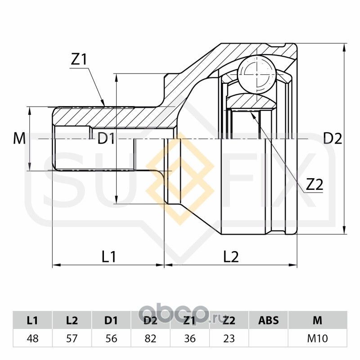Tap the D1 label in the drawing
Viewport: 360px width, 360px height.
(106, 139)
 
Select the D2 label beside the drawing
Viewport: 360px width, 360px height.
(333, 139)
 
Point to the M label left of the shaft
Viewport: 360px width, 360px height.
(19, 139)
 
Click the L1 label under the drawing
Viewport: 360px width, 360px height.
(108, 256)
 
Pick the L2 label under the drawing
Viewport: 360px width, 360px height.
(231, 256)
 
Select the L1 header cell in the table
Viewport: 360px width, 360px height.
(32, 321)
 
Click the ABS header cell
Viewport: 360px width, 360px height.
(269, 321)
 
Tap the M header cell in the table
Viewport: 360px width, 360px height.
(317, 321)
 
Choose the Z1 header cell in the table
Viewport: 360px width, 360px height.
(190, 321)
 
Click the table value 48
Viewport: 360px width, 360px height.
(32, 338)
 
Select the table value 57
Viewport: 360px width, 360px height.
(72, 338)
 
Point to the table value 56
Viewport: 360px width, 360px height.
(111, 338)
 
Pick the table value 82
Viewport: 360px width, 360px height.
(151, 338)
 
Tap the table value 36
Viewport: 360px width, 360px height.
(190, 338)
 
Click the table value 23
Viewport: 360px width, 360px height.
(229, 338)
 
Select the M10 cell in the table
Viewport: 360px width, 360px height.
(317, 338)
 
